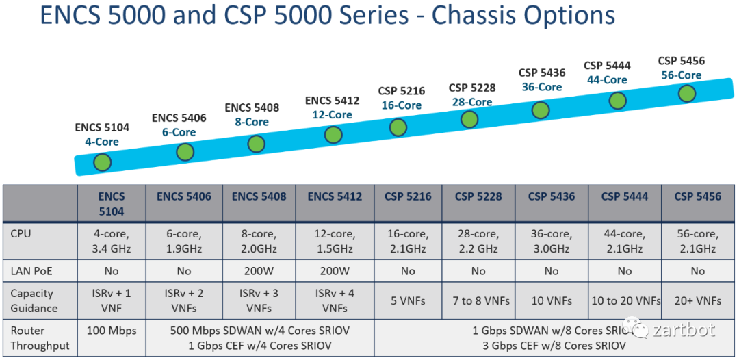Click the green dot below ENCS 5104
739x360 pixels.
[103, 163]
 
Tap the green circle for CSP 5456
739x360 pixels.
[687, 93]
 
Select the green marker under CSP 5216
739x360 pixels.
[398, 127]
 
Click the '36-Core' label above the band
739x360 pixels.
[541, 87]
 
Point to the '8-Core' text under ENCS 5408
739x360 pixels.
[252, 122]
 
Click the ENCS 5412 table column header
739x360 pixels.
[335, 197]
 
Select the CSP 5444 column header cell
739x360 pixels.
[624, 197]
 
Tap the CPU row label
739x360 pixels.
[23, 234]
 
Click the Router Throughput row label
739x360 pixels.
[40, 338]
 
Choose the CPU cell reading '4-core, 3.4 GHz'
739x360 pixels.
[112, 241]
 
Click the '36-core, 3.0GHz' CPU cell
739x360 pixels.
[552, 241]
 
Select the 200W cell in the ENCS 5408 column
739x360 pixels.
[259, 271]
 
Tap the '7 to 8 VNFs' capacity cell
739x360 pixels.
[478, 300]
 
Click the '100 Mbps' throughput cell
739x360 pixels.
[112, 331]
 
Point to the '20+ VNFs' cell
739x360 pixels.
[697, 300]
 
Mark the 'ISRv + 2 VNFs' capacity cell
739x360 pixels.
[184, 300]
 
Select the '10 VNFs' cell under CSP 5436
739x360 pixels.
[552, 300]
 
